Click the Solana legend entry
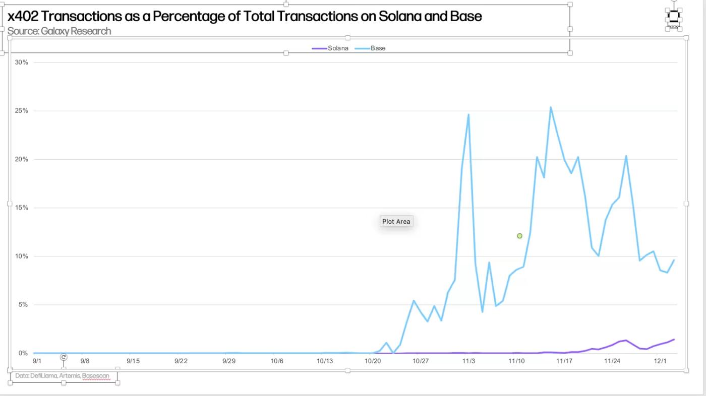[337, 48]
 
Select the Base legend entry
[378, 48]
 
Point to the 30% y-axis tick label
[22, 62]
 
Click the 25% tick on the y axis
[22, 111]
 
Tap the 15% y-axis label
[22, 208]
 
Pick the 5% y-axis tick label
[23, 305]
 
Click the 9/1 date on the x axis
[37, 361]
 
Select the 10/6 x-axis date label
[277, 361]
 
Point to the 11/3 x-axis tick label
[468, 361]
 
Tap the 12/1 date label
[660, 361]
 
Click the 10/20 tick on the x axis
[373, 361]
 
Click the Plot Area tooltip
[396, 222]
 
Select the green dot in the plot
[519, 236]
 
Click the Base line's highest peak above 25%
[551, 107]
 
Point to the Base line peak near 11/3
[468, 115]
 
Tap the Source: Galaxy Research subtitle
[59, 31]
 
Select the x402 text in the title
[23, 16]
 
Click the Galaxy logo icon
[673, 17]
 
